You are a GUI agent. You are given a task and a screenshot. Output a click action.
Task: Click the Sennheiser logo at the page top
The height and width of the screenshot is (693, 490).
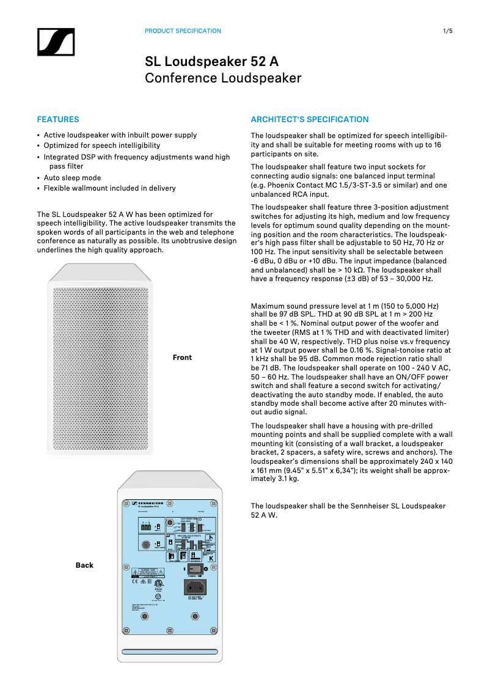(55, 43)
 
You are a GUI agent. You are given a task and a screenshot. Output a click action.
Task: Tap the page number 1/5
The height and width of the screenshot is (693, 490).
(447, 31)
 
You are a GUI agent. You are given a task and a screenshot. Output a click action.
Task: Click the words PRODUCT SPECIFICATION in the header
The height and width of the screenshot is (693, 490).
(183, 31)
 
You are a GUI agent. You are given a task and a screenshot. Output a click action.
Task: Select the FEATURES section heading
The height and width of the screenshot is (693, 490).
(58, 120)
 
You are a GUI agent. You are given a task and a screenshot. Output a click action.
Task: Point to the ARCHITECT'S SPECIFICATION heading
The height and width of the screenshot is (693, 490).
(310, 120)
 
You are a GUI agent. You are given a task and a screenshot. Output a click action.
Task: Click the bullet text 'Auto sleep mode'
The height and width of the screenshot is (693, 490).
(72, 178)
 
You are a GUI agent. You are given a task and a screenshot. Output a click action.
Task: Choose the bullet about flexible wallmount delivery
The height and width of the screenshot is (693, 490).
(109, 188)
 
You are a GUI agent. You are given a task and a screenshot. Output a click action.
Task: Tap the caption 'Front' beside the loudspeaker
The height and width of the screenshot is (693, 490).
(182, 358)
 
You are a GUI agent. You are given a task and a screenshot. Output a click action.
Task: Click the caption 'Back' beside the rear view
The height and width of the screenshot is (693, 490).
(84, 565)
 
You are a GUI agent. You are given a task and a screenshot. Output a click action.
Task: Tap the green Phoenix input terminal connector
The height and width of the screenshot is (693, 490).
(145, 526)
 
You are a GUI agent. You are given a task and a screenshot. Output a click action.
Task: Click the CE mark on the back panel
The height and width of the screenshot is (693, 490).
(136, 582)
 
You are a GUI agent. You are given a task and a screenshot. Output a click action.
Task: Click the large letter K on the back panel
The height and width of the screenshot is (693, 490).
(211, 557)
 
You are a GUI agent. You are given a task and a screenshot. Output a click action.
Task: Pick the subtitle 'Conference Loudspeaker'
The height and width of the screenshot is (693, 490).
(223, 78)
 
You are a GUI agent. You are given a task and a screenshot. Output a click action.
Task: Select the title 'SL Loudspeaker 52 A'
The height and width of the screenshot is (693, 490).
(211, 62)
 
